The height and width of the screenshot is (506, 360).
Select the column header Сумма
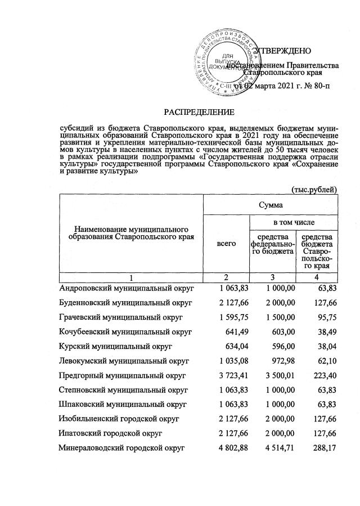(271, 206)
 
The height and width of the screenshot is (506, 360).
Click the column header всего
(226, 244)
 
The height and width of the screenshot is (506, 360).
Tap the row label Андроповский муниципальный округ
(127, 288)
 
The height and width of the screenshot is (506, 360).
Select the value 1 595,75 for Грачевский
(226, 317)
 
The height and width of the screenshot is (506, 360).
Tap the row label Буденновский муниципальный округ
(127, 302)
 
